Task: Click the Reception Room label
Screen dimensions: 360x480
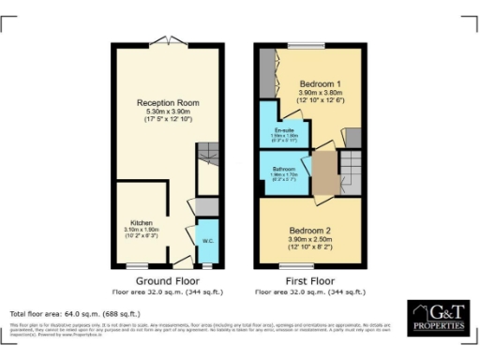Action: tap(169, 102)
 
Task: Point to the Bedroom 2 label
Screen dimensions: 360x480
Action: tap(309, 230)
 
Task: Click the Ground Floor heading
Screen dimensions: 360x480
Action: tap(168, 281)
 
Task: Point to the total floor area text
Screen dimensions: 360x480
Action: tap(75, 313)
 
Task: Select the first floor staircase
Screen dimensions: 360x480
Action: tap(350, 172)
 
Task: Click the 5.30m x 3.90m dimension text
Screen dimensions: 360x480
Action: tap(169, 112)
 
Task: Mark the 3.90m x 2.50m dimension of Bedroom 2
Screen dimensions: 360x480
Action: tap(309, 239)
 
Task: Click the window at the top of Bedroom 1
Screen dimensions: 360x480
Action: tap(305, 44)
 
